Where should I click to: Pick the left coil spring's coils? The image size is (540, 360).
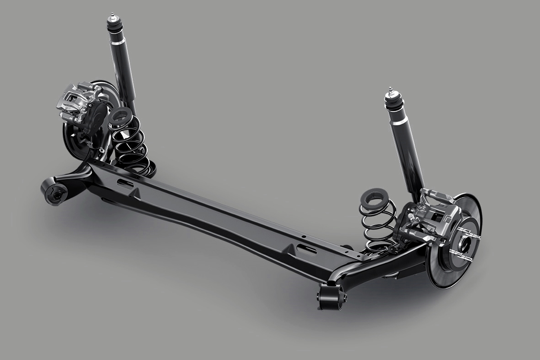point(130,144)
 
